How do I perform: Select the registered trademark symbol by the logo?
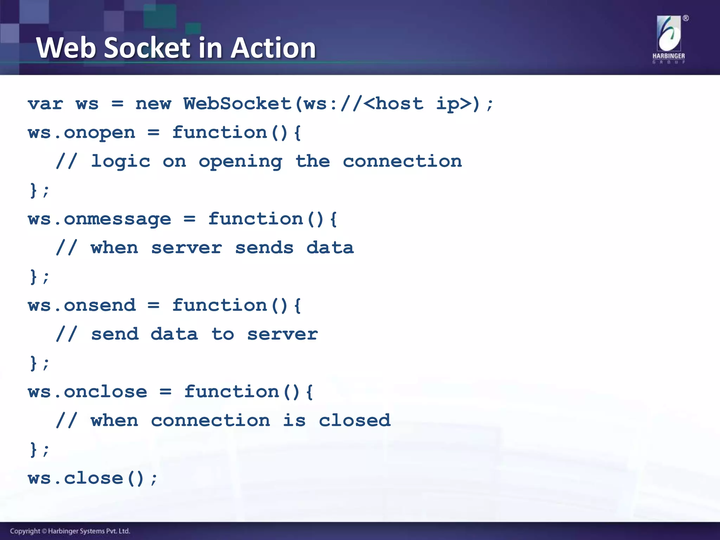686,18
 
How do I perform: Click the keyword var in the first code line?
45,104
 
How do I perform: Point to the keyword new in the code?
153,104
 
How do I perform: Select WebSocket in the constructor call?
238,104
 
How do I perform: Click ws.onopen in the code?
82,133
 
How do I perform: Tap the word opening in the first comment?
240,162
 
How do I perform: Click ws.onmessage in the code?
99,219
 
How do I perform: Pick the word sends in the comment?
264,248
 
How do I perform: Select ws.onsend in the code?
82,306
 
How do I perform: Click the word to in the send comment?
223,334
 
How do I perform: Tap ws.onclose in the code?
88,392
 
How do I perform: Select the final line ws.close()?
93,478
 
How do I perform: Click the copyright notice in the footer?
70,531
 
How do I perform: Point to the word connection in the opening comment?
402,162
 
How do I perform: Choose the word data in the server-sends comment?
330,248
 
